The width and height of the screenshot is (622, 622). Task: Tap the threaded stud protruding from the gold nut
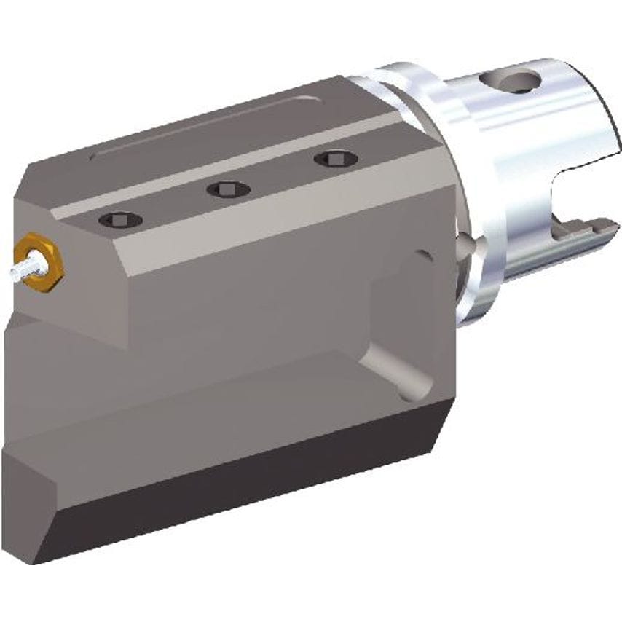[20, 267]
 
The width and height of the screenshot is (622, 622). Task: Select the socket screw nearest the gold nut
[119, 219]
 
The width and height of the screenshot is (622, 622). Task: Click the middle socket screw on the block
[228, 189]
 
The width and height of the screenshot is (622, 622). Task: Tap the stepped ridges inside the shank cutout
[575, 233]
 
